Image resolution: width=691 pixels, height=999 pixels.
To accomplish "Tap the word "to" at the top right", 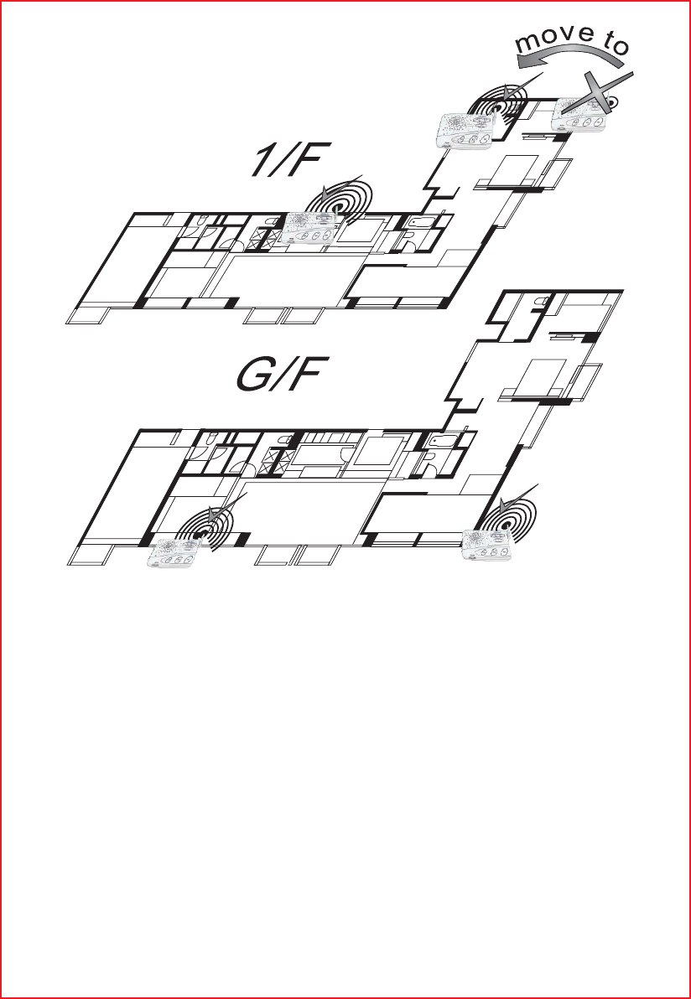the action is (x=612, y=46).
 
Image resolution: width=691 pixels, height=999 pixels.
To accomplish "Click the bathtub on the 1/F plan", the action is (x=419, y=225).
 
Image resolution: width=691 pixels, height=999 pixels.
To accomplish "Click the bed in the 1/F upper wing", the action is (x=507, y=173).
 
